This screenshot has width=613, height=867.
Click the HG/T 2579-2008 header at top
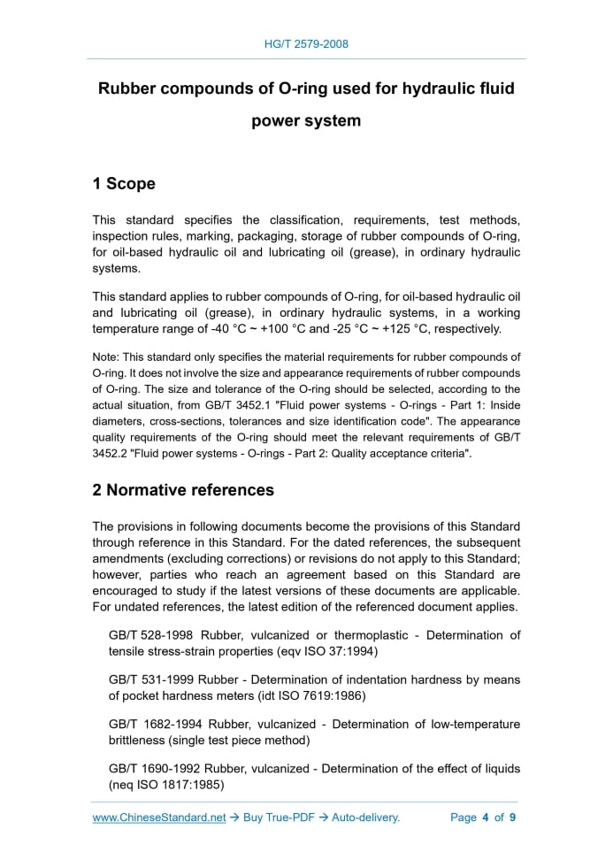pyautogui.click(x=306, y=43)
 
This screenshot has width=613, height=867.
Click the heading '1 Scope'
pyautogui.click(x=124, y=184)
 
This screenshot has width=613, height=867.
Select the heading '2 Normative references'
pyautogui.click(x=183, y=489)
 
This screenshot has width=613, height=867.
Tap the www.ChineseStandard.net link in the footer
pyautogui.click(x=159, y=817)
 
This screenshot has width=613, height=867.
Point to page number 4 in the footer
pyautogui.click(x=485, y=817)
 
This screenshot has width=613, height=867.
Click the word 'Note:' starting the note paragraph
pyautogui.click(x=106, y=357)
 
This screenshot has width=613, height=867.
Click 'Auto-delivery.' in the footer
pyautogui.click(x=365, y=817)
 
